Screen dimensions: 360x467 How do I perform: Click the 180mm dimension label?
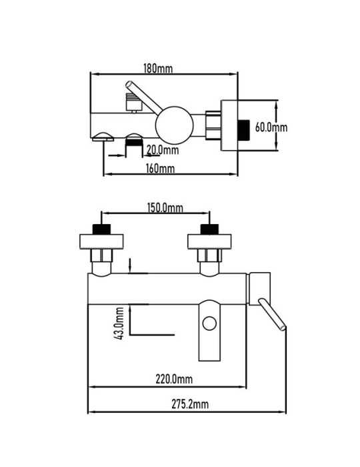coord(158,69)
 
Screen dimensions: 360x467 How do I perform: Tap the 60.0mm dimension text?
coord(271,127)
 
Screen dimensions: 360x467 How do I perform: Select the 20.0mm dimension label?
coord(163,150)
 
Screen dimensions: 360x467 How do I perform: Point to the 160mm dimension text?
coord(161,169)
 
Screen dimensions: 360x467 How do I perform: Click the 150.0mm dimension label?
coord(165,207)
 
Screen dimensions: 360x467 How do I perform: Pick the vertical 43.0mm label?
coord(119,324)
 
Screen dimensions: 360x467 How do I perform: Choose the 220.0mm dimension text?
coord(174,379)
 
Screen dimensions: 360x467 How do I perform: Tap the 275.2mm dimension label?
coord(190,404)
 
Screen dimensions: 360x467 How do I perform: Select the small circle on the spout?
coord(209,323)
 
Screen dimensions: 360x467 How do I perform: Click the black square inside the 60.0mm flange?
coord(243,131)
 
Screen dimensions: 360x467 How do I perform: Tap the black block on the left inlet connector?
coord(101,229)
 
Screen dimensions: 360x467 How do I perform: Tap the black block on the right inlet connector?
coord(209,229)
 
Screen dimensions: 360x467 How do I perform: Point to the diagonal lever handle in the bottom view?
coord(272,314)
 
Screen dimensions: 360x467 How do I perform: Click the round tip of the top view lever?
coord(129,84)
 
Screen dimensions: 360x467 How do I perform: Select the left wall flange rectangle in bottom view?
coord(101,242)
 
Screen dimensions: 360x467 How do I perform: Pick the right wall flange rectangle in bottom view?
coord(209,242)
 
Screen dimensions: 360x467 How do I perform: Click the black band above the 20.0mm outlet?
coord(134,142)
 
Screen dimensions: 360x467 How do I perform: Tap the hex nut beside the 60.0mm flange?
coord(213,125)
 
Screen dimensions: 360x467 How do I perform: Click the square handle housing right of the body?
coord(260,289)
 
